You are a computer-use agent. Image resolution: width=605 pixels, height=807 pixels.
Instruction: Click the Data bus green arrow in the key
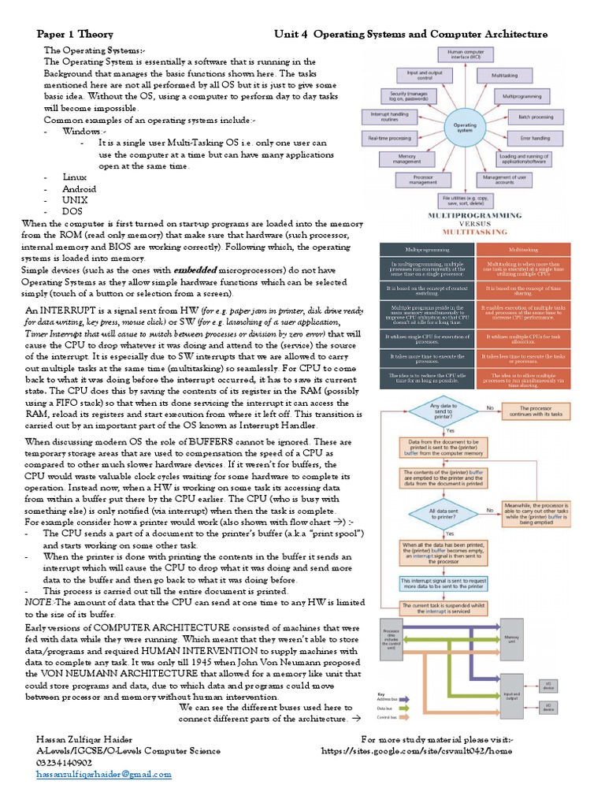[408, 708]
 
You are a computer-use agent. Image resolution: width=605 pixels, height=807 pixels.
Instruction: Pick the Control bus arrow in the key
[408, 718]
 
